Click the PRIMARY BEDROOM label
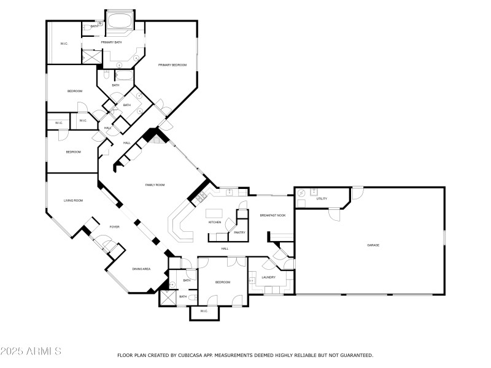[x=172, y=64]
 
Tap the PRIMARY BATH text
[x=110, y=42]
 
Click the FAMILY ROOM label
[x=155, y=185]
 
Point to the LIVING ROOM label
[x=73, y=201]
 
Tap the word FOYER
[x=114, y=227]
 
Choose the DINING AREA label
[x=141, y=269]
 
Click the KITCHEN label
[x=214, y=222]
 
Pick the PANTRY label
[x=239, y=232]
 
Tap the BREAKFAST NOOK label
[x=273, y=215]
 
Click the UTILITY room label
[x=322, y=199]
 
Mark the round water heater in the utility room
[x=301, y=193]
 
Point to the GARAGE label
[x=373, y=245]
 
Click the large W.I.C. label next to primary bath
[x=64, y=44]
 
